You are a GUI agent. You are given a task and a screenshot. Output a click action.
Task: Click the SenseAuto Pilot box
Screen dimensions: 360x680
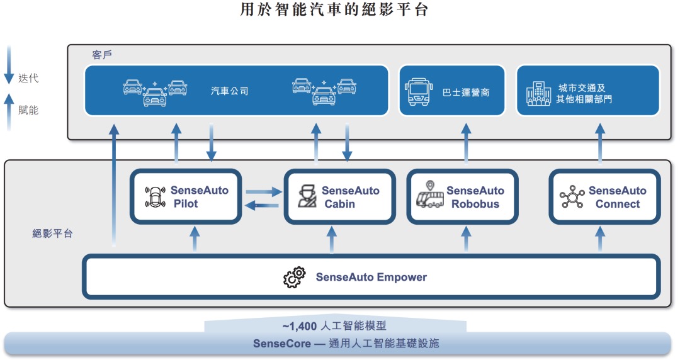pyautogui.click(x=186, y=196)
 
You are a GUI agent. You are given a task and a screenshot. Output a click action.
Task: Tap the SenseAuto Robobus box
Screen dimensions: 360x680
pyautogui.click(x=463, y=196)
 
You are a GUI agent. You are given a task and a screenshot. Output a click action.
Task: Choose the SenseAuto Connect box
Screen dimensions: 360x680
pyautogui.click(x=605, y=196)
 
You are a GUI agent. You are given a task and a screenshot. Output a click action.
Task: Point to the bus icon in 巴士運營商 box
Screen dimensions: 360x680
pyautogui.click(x=417, y=91)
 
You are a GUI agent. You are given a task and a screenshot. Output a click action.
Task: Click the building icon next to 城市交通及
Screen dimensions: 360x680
pyautogui.click(x=538, y=94)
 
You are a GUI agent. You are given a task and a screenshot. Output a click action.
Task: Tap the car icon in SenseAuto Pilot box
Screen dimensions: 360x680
pyautogui.click(x=154, y=197)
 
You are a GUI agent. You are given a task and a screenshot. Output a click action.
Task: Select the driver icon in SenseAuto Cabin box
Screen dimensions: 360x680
pyautogui.click(x=307, y=197)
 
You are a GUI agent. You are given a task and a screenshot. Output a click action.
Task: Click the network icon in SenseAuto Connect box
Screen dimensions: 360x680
pyautogui.click(x=572, y=197)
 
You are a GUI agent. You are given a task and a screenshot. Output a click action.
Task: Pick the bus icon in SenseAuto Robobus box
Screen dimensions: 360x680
pyautogui.click(x=430, y=196)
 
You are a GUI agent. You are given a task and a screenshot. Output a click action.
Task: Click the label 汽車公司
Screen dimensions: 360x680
pyautogui.click(x=229, y=91)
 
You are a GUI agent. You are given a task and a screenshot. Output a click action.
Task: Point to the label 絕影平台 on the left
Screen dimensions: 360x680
pyautogui.click(x=52, y=233)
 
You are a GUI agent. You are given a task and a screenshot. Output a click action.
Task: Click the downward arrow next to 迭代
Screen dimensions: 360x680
pyautogui.click(x=9, y=67)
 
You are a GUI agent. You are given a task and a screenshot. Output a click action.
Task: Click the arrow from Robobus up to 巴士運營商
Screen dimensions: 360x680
pyautogui.click(x=466, y=145)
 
